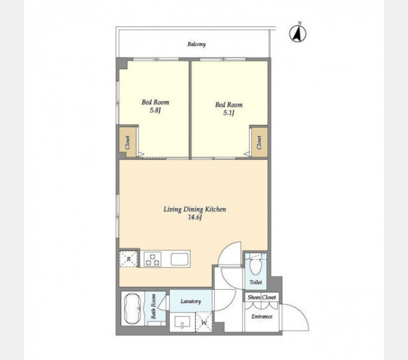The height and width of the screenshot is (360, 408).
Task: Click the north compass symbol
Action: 298,33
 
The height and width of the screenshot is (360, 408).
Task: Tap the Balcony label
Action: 197,44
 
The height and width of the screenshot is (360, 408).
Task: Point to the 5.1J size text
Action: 229,113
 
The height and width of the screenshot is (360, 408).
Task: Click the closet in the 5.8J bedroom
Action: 128,142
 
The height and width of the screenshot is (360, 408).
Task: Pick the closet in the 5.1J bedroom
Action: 259,142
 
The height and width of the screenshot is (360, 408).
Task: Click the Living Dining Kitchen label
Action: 195,209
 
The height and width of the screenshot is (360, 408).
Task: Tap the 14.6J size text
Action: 195,217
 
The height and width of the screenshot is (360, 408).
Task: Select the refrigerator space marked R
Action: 128,259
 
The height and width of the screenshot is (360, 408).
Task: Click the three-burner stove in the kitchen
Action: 153,259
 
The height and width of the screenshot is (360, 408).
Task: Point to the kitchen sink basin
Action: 179,259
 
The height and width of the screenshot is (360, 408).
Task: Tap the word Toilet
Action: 256,282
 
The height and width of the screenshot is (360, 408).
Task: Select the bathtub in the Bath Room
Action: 133,309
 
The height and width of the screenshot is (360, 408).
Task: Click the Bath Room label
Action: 153,307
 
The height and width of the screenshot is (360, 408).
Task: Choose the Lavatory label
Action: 191,301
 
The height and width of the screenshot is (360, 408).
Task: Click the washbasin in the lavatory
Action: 182,323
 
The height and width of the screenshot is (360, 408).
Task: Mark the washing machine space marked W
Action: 204,322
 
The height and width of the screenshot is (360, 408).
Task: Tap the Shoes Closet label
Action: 261,297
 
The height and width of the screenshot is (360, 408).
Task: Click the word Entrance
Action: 262,316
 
